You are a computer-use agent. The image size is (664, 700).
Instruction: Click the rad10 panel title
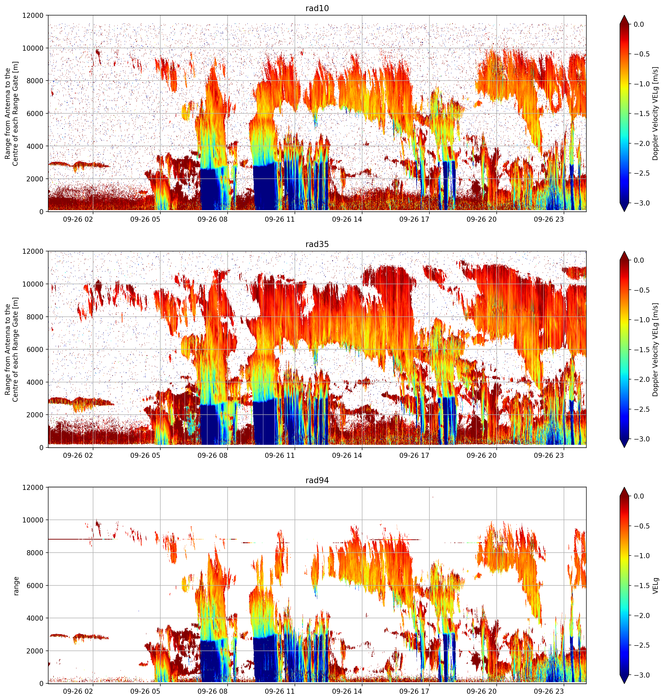317,8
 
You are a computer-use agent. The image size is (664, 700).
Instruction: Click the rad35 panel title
317,244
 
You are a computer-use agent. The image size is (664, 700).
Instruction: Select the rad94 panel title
317,480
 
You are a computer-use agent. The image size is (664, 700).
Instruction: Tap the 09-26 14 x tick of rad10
347,220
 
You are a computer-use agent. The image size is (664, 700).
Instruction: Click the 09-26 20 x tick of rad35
481,455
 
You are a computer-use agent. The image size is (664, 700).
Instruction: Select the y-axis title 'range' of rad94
16,586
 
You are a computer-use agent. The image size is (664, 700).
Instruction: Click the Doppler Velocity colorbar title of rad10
656,114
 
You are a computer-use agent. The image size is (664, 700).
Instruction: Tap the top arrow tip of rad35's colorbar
624,251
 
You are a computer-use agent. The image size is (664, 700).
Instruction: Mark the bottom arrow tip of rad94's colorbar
624,683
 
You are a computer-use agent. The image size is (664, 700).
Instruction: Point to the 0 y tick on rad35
42,447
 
